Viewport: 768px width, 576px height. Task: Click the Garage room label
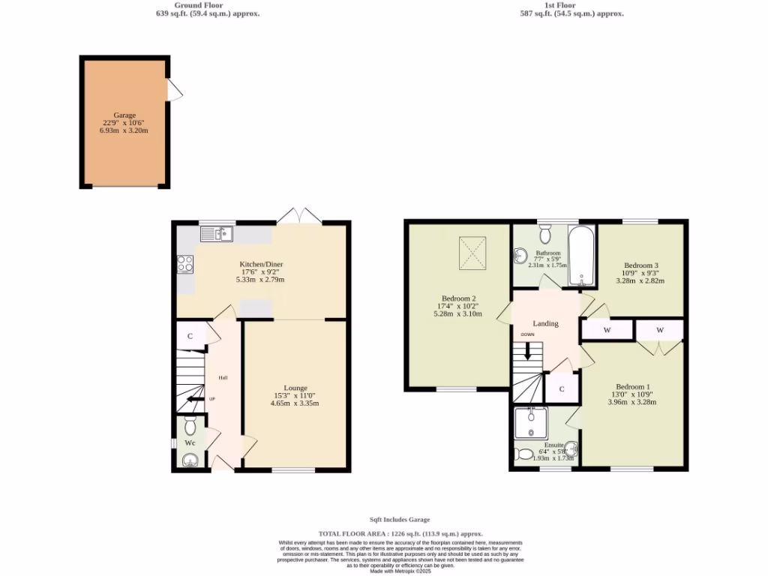click(x=124, y=115)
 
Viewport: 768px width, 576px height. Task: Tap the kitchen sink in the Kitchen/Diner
click(x=217, y=235)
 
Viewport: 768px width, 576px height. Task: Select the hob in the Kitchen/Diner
click(x=184, y=263)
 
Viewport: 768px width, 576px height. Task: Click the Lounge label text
click(x=295, y=388)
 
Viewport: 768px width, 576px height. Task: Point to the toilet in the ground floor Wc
click(x=190, y=426)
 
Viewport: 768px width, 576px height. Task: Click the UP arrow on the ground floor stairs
click(x=197, y=399)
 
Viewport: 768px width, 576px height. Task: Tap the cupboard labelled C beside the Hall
click(x=190, y=337)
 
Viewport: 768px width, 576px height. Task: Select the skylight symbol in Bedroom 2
click(x=474, y=253)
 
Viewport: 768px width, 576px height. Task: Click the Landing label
click(x=545, y=324)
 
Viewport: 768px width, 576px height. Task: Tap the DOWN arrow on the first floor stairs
click(x=528, y=349)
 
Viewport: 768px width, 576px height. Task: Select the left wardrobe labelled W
click(x=606, y=330)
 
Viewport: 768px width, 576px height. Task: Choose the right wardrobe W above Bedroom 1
click(x=660, y=330)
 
